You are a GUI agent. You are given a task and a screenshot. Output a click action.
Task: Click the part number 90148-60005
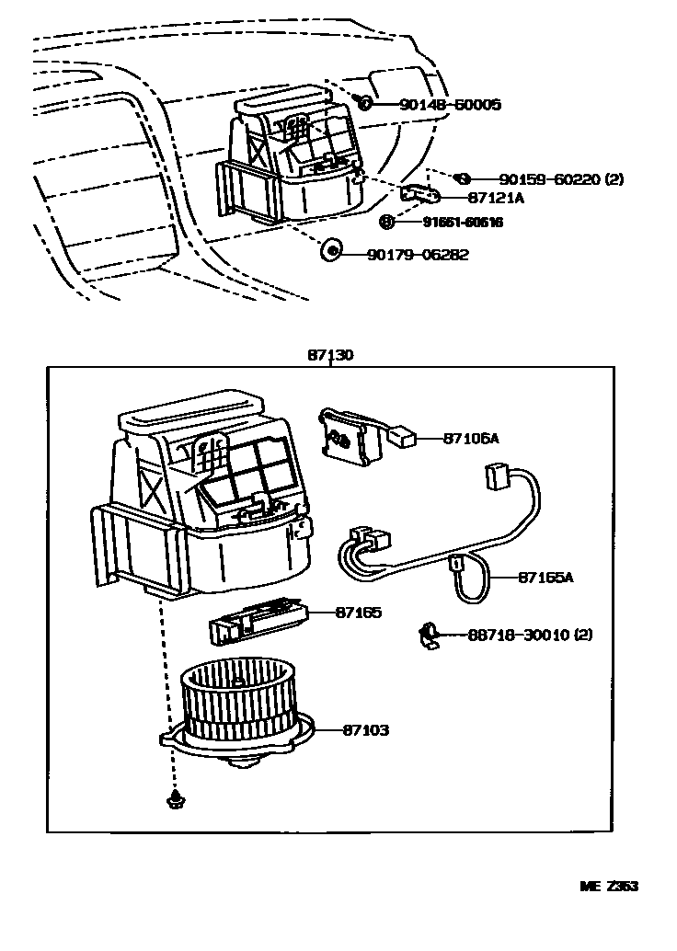pos(450,105)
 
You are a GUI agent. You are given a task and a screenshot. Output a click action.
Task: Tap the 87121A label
pos(496,198)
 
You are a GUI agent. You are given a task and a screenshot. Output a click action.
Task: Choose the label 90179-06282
pos(419,255)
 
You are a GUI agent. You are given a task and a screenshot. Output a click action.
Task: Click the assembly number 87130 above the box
pos(330,354)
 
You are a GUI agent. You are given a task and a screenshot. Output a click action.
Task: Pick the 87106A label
pos(471,439)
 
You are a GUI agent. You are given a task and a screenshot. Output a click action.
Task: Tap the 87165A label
pos(545,578)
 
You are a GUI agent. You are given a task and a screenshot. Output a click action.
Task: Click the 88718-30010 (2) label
pos(530,635)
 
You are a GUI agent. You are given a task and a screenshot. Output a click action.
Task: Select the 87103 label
pos(365,729)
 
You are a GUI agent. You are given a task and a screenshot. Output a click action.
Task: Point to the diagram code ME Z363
pos(608,887)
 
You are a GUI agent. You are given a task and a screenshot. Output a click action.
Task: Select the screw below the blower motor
pos(173,800)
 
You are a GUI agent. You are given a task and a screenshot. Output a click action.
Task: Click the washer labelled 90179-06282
pos(331,248)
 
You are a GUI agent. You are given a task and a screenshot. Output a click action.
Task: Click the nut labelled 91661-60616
pos(387,222)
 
